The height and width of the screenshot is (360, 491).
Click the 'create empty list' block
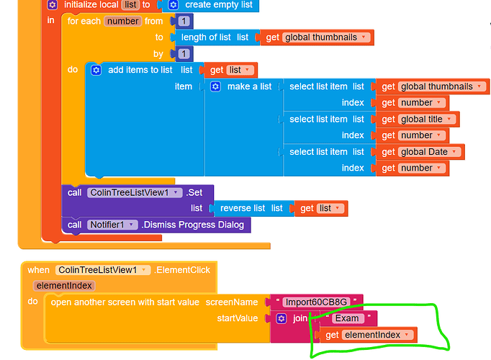pos(210,5)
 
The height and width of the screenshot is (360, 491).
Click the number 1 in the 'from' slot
pos(184,21)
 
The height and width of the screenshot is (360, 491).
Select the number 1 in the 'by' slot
pos(184,54)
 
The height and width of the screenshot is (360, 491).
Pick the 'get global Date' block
pos(420,152)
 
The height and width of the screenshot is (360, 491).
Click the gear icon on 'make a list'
pos(215,86)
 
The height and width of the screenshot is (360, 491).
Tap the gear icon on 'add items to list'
pos(96,70)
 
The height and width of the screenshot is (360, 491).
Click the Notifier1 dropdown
pos(112,225)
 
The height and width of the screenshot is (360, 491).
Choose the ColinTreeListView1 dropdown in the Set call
pos(135,192)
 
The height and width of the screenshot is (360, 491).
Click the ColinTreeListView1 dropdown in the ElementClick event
pos(103,270)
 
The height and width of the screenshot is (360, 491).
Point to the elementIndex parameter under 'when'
pos(64,286)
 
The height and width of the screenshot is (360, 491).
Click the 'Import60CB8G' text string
pos(316,302)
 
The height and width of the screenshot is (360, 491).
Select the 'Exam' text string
pos(347,318)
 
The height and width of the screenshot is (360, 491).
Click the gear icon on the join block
pos(281,319)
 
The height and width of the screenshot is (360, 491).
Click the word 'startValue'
pos(238,318)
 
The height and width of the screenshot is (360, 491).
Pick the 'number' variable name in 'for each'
pos(122,22)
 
